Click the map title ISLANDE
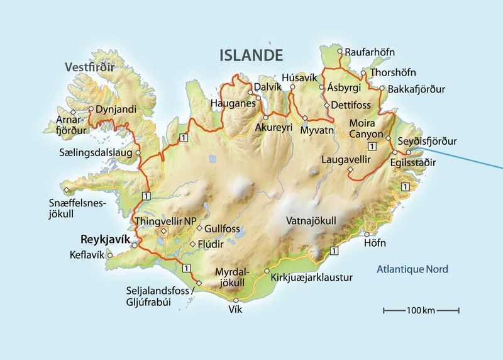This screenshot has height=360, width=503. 251,55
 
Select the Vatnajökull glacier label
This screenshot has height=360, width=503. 311,221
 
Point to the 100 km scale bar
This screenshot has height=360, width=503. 421,310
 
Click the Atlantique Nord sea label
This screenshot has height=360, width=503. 412,269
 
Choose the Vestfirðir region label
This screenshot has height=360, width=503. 90,66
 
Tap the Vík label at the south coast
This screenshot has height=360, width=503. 235,310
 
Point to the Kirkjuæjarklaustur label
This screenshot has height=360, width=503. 311,277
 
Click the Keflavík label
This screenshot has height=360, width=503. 87,255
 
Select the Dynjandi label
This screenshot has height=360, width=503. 116,109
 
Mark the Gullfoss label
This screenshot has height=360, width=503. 222,228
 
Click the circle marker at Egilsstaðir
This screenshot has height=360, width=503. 395,152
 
